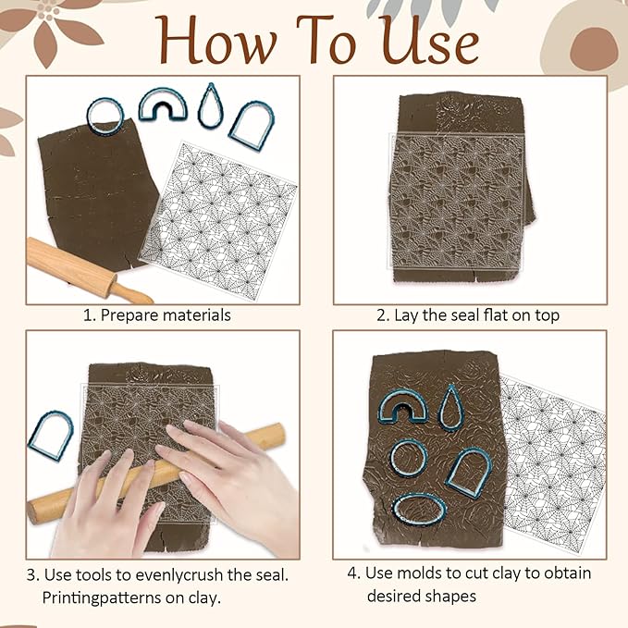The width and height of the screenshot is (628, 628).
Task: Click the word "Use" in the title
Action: (x=430, y=40)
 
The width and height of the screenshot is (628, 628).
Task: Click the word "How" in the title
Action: (x=216, y=40)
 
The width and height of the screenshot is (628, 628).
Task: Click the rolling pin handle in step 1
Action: (x=132, y=294)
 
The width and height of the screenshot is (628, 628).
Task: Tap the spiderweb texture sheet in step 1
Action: (x=218, y=220)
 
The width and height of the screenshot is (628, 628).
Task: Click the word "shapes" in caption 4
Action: (x=450, y=597)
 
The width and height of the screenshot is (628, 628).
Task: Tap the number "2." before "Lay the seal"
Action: (x=383, y=315)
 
